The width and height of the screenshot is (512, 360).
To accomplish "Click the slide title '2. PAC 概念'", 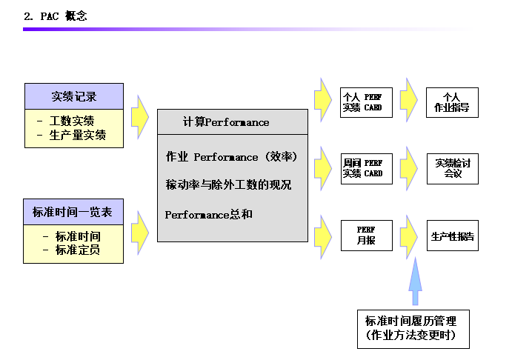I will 56,16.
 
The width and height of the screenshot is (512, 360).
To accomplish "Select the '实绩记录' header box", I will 73,96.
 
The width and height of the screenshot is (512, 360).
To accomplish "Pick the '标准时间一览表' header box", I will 73,212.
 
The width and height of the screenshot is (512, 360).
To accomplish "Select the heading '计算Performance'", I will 226,121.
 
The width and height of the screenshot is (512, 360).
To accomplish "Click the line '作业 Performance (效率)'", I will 230,157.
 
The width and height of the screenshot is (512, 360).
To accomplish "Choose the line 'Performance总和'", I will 208,214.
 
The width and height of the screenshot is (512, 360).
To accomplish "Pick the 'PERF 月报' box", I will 365,236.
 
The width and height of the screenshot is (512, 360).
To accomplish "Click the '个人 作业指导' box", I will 452,102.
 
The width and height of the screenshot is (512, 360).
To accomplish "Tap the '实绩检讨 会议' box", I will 452,168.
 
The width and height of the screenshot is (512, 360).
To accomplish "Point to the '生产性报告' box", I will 452,236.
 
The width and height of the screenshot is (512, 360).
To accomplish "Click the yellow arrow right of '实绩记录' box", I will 139,116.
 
